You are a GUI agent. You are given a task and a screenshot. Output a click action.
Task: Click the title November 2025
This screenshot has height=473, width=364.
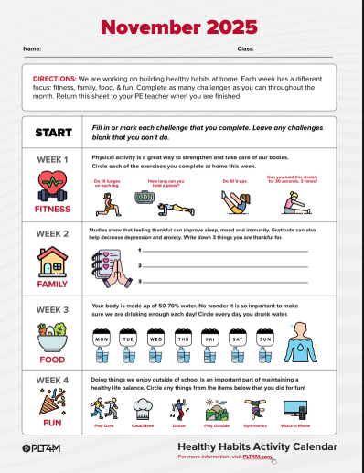tap(181, 27)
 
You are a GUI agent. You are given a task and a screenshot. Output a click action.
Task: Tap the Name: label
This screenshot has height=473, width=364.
tap(32, 47)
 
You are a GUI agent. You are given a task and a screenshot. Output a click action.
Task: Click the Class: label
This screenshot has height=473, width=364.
tap(246, 47)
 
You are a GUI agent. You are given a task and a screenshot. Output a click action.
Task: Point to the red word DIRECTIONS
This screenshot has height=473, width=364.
tap(54, 80)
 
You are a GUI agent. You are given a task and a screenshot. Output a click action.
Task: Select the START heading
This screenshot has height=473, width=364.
tap(53, 133)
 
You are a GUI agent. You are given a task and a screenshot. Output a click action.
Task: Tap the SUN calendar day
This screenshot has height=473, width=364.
tap(265, 339)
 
